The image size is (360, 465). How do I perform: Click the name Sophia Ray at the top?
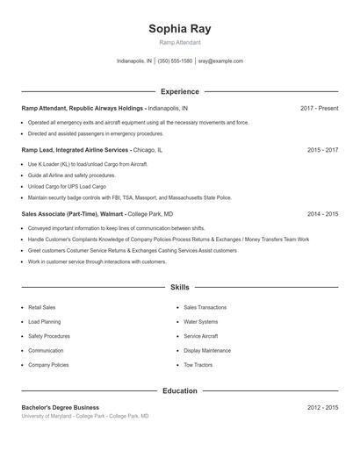(180, 29)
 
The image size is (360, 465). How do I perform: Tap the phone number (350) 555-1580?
(175, 61)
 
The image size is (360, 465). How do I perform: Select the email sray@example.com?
(220, 61)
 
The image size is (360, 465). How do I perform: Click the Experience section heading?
(180, 91)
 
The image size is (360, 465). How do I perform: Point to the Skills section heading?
(180, 287)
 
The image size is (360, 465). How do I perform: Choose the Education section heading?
(180, 390)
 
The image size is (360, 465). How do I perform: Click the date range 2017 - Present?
(319, 108)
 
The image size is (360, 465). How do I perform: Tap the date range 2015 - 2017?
(322, 150)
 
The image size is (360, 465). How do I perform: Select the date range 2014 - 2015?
(322, 213)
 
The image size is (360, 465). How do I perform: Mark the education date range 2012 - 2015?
(322, 407)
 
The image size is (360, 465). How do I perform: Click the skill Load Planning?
(44, 322)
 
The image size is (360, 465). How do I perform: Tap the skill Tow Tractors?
(198, 364)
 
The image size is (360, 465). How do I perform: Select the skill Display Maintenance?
(207, 350)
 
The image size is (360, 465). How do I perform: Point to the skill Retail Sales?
(42, 308)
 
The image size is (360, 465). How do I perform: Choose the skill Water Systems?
(200, 322)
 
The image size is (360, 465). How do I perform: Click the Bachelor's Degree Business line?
(61, 407)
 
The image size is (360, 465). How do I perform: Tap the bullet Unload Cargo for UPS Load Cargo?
(68, 186)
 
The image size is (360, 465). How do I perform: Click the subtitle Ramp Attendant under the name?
(180, 42)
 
